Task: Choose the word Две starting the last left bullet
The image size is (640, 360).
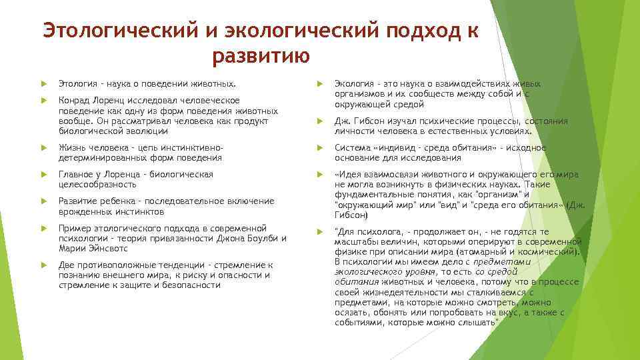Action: click(67, 265)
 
